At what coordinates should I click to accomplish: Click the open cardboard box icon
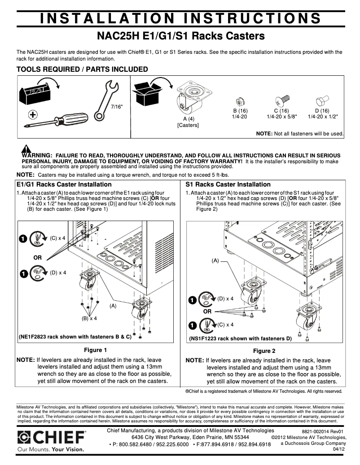click(x=146, y=93)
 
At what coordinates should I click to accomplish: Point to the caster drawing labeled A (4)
click(x=188, y=99)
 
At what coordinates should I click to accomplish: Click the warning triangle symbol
click(x=26, y=150)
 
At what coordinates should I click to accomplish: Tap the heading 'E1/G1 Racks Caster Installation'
click(x=64, y=184)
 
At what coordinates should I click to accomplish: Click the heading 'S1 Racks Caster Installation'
click(x=228, y=184)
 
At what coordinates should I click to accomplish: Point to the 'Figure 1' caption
click(x=96, y=350)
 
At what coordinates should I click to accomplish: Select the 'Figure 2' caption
click(x=264, y=351)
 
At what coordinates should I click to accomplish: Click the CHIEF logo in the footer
click(x=52, y=437)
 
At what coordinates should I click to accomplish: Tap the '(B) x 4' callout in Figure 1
click(x=89, y=318)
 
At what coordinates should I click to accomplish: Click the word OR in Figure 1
click(x=38, y=258)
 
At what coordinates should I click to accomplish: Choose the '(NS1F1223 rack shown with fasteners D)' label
click(x=241, y=339)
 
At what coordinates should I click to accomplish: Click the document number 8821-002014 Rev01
click(x=322, y=431)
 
